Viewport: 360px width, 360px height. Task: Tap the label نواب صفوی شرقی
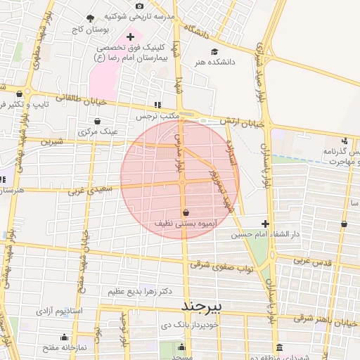tap(222, 266)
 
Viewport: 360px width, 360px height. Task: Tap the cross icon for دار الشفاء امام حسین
tap(265, 223)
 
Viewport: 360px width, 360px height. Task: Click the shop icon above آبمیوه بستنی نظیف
tap(186, 212)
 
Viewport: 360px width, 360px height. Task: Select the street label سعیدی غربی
tap(88, 191)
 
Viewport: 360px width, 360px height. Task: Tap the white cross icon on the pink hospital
tap(130, 37)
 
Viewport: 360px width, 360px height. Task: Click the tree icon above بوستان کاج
tap(90, 19)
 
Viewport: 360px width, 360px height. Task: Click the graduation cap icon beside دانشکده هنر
tap(214, 51)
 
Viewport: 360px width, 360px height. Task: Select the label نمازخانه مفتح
tap(63, 348)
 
